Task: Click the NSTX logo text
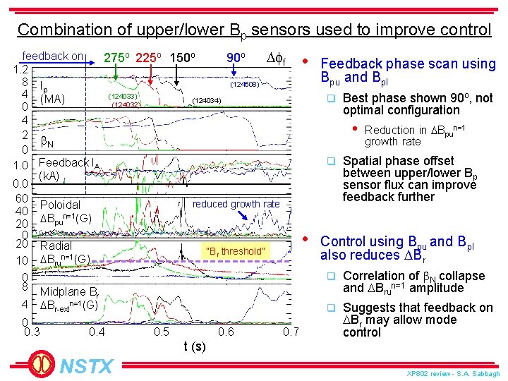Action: point(86,366)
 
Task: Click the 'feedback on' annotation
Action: point(53,56)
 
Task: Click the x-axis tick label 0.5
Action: point(162,332)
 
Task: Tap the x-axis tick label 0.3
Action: point(32,332)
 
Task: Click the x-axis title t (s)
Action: point(195,346)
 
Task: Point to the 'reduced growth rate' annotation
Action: point(236,204)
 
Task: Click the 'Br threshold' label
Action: point(235,251)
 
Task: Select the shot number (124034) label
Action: point(207,102)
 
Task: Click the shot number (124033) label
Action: point(122,95)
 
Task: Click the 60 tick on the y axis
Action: point(21,198)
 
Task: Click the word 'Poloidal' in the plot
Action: point(61,205)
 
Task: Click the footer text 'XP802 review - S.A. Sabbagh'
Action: point(454,373)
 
